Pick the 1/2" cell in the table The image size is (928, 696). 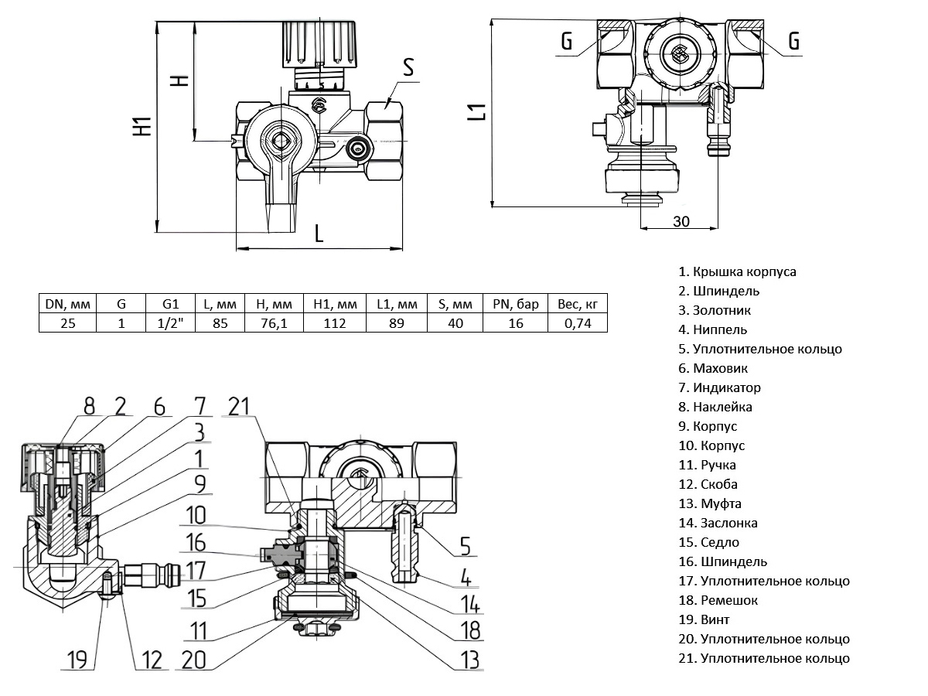pyautogui.click(x=171, y=322)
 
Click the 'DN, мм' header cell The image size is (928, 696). pyautogui.click(x=68, y=303)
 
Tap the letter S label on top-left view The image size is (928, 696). pyautogui.click(x=408, y=68)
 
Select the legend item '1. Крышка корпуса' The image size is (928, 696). pyautogui.click(x=737, y=271)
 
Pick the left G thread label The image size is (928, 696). pyautogui.click(x=567, y=42)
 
